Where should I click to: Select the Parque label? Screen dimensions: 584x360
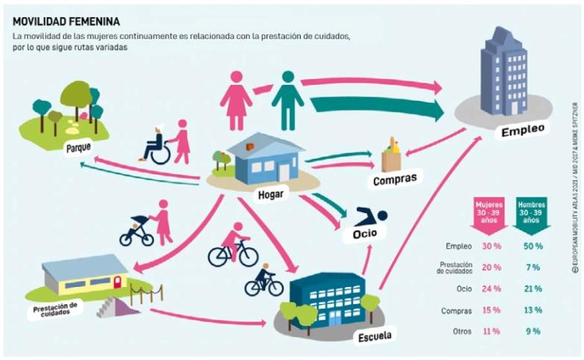tap(78, 147)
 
